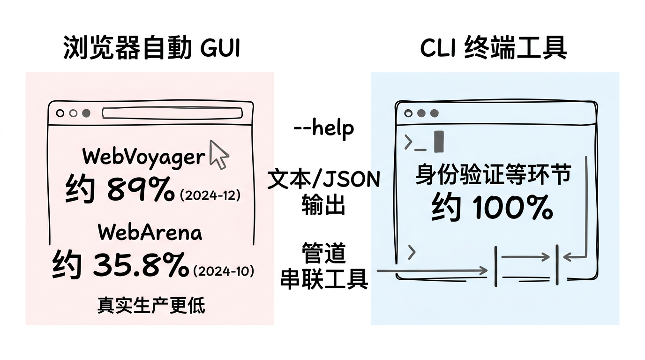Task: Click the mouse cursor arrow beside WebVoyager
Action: [x=218, y=155]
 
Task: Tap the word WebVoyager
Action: [x=144, y=157]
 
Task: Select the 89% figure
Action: [x=141, y=189]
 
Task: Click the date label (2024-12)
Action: [x=210, y=195]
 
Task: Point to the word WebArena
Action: [x=150, y=232]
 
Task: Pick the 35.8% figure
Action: [x=141, y=264]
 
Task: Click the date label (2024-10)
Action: [x=224, y=271]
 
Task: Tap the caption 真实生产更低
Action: [x=151, y=305]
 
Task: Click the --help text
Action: [x=324, y=129]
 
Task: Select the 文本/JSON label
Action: [x=324, y=179]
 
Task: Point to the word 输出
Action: [x=323, y=205]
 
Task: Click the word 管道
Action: [x=323, y=253]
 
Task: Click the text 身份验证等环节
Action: [x=493, y=174]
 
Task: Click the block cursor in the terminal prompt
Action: [x=439, y=141]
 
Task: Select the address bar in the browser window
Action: [x=172, y=113]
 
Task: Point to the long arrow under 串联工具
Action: [x=432, y=271]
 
